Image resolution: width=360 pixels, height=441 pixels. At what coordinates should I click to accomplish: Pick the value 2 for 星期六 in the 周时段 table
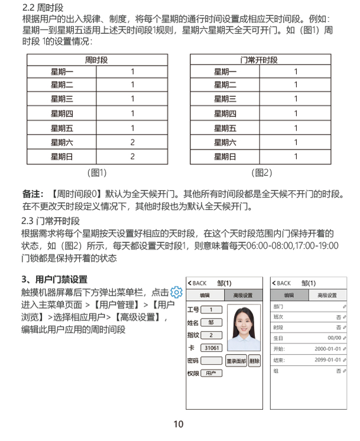[x=132, y=142]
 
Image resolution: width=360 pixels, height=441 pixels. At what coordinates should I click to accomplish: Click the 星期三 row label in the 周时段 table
[x=62, y=99]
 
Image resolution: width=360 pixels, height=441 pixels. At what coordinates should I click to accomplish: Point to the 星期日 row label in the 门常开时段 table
[x=225, y=157]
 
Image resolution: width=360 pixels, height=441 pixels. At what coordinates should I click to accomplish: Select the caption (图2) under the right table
[x=261, y=173]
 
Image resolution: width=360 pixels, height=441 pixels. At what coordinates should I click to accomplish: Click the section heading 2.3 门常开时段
[x=50, y=221]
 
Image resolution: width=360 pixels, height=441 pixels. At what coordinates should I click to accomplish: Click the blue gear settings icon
[x=176, y=292]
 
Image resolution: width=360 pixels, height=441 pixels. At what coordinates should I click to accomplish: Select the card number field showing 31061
[x=211, y=348]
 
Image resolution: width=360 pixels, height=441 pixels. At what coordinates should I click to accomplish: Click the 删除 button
[x=254, y=361]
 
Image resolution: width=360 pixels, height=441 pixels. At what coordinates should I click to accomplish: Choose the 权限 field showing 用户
[x=210, y=373]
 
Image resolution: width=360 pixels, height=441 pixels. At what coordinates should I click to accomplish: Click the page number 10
[x=179, y=424]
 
